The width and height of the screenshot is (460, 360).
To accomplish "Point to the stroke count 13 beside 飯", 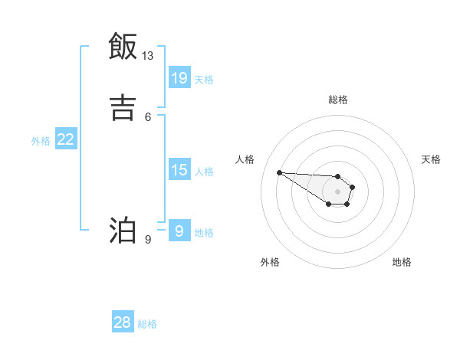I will pyautogui.click(x=148, y=56).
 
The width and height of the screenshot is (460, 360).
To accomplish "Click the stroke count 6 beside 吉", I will pyautogui.click(x=148, y=116).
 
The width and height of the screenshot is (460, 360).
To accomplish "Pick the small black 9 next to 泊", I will pyautogui.click(x=148, y=240).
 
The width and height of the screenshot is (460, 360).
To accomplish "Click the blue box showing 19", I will pyautogui.click(x=179, y=78).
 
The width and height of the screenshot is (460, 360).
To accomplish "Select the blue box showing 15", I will pyautogui.click(x=179, y=170).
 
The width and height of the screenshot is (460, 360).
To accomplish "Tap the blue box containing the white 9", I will pyautogui.click(x=179, y=231).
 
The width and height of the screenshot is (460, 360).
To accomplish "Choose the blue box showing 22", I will pyautogui.click(x=66, y=139).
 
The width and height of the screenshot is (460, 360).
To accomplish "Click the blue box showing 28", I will pyautogui.click(x=123, y=323).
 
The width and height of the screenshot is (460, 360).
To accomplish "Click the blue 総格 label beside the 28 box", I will pyautogui.click(x=147, y=324).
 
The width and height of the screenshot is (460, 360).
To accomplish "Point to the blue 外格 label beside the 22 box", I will pyautogui.click(x=41, y=140).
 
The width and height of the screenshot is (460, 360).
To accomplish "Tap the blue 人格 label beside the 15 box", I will pyautogui.click(x=204, y=171).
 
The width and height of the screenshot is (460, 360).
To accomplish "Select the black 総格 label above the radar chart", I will pyautogui.click(x=338, y=100).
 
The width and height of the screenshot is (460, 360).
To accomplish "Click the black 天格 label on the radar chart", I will pyautogui.click(x=432, y=159).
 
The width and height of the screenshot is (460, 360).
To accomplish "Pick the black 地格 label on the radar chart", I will pyautogui.click(x=402, y=262).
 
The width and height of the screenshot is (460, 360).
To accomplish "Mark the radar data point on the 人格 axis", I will pyautogui.click(x=279, y=172).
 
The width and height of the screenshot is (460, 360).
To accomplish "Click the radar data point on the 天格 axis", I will pyautogui.click(x=353, y=187).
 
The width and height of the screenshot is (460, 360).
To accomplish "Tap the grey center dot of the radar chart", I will pyautogui.click(x=337, y=191).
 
